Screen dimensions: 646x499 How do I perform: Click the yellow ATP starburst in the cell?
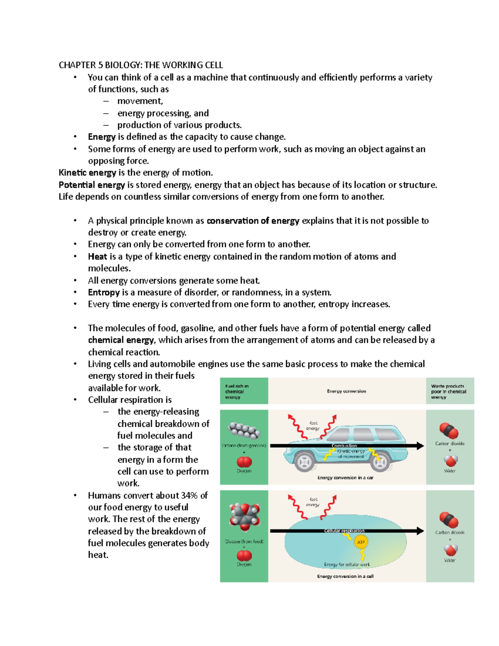pyautogui.click(x=361, y=542)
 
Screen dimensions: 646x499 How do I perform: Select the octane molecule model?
pyautogui.click(x=245, y=431)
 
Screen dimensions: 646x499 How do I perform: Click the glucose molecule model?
pyautogui.click(x=245, y=517)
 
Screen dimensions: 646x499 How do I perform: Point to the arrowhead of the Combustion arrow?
pyautogui.click(x=420, y=446)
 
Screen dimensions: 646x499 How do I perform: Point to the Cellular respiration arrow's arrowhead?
pyautogui.click(x=420, y=531)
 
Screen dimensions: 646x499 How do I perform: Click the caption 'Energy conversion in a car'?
pyautogui.click(x=345, y=478)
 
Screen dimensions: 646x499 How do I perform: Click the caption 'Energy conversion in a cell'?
pyautogui.click(x=345, y=576)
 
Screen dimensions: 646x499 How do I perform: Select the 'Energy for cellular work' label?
pyautogui.click(x=347, y=564)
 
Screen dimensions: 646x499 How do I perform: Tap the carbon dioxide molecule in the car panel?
pyautogui.click(x=449, y=431)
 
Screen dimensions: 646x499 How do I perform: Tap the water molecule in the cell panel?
pyautogui.click(x=450, y=550)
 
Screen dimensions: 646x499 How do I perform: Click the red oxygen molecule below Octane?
pyautogui.click(x=244, y=462)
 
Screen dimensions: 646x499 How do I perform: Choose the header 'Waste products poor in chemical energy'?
pyautogui.click(x=448, y=391)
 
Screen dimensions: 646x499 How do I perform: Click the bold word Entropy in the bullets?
pyautogui.click(x=104, y=292)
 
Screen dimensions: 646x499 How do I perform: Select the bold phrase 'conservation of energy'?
pyautogui.click(x=253, y=221)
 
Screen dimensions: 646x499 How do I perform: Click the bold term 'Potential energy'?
pyautogui.click(x=91, y=185)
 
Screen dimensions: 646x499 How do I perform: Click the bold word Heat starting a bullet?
pyautogui.click(x=97, y=257)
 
